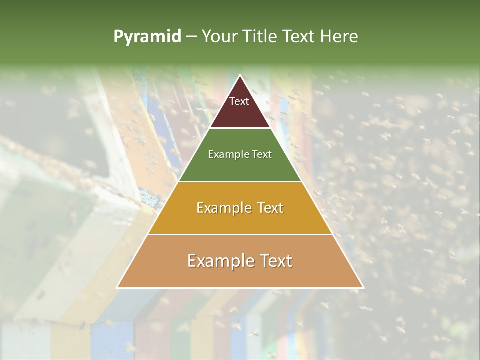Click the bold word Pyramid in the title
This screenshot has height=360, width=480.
147,37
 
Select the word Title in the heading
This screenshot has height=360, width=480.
262,37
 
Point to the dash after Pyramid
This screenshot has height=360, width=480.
191,37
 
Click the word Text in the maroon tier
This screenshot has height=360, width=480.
239,101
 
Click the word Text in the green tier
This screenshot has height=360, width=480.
261,154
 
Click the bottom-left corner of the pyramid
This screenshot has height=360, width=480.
118,287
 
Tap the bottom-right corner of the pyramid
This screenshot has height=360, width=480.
363,287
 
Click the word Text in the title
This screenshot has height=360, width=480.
300,37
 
